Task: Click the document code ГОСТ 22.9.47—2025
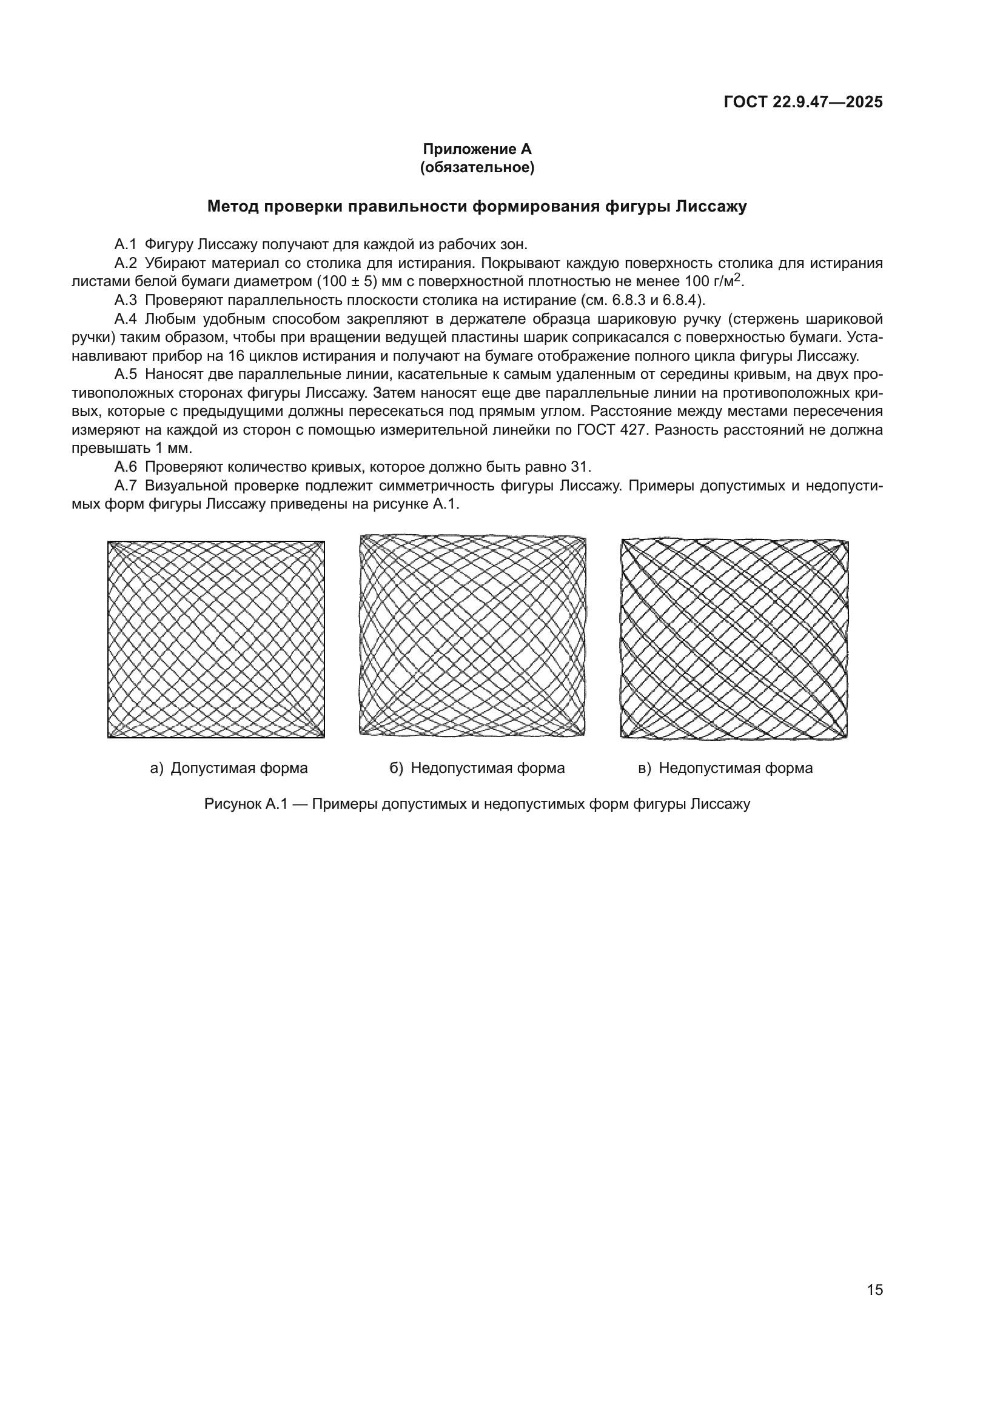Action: tap(803, 102)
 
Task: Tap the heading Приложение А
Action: tap(477, 149)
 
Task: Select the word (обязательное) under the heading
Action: tap(477, 167)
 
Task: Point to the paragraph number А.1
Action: tap(125, 244)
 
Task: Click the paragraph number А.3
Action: tap(125, 300)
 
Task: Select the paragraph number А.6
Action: tap(125, 467)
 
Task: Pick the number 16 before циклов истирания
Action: tap(237, 356)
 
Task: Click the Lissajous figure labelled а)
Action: tap(216, 639)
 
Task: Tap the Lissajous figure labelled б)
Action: tap(472, 635)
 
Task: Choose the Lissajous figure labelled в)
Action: tap(734, 638)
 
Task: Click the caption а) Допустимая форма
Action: tap(229, 768)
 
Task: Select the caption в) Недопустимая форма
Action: tap(726, 768)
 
